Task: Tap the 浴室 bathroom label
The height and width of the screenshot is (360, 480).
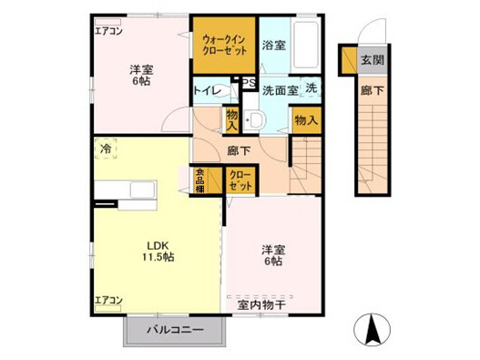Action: point(274,44)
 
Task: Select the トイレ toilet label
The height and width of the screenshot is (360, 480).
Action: point(205,91)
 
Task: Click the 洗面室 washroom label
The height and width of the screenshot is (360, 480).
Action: point(279,90)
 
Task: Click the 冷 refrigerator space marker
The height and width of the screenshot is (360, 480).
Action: point(107,147)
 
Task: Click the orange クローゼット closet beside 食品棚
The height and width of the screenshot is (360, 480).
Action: point(240,179)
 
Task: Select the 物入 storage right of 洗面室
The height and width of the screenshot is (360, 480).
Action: point(306,118)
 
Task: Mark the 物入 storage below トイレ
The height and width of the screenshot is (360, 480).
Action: point(233,118)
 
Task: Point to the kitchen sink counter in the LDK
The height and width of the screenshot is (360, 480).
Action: point(142,191)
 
